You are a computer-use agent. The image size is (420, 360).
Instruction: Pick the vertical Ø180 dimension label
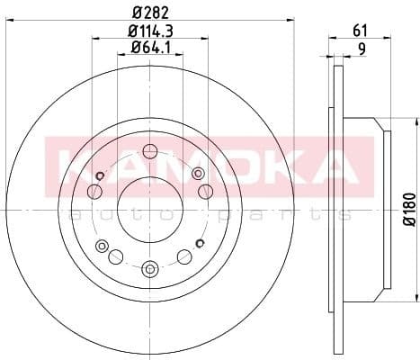pos(407,209)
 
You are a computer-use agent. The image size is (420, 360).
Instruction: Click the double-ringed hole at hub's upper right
pos(205,191)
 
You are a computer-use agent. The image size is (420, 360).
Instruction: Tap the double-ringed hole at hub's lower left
pos(102,247)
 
